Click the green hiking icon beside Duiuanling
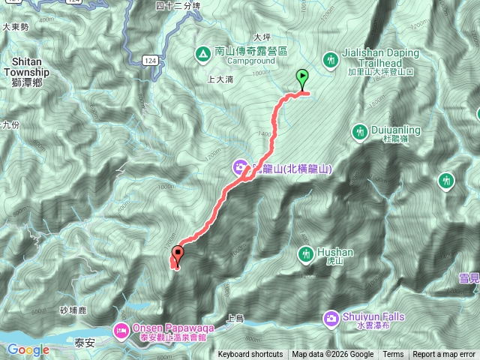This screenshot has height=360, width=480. coord(359,132)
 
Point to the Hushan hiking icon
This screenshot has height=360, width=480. coord(305,255)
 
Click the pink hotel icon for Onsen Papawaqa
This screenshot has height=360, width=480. coord(121,329)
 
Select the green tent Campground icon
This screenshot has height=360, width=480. coord(201,54)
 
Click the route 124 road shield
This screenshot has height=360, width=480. coord(151,59)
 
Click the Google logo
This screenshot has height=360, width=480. coord(28,349)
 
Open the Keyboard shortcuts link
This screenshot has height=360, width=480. coord(250,355)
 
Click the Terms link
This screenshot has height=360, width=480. coord(393,355)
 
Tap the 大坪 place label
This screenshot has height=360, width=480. coord(262,37)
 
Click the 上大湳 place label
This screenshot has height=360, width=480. coord(220,78)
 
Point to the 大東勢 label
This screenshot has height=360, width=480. coord(15,26)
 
